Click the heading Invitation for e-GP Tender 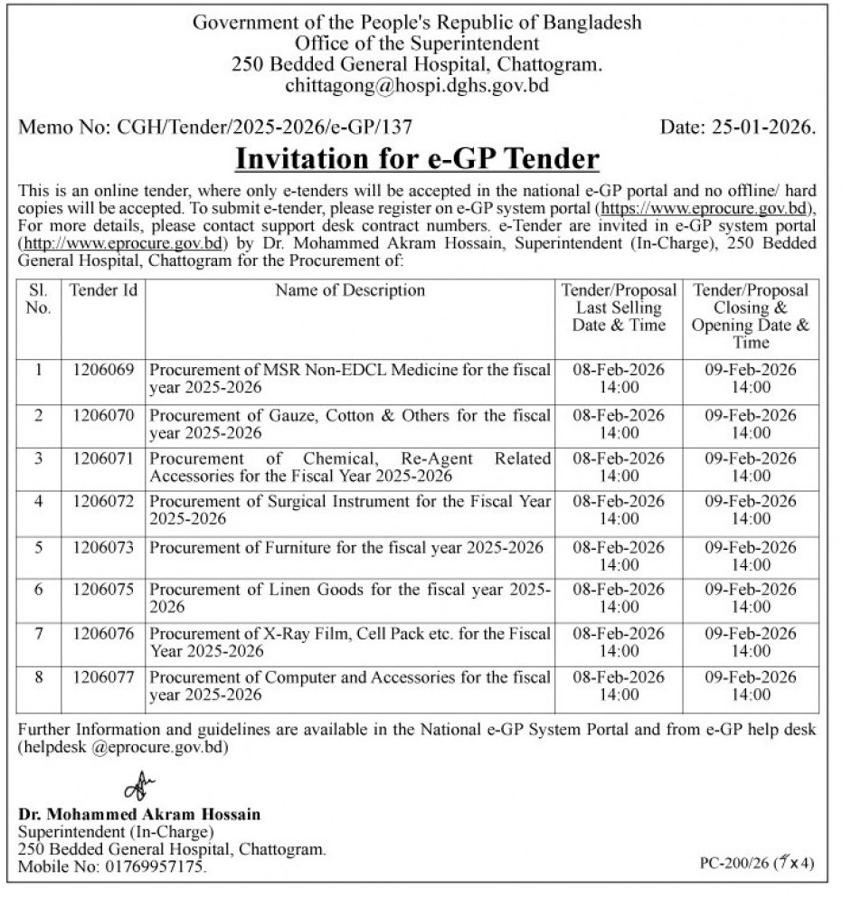(417, 159)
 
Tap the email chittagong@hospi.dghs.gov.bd (417, 87)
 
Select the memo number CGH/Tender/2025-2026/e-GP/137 (266, 128)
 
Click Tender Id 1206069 (103, 370)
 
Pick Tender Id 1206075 (103, 589)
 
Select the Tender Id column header (103, 291)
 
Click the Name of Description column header (350, 291)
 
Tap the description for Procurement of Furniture (346, 548)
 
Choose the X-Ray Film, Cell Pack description (350, 642)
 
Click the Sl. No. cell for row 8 (39, 677)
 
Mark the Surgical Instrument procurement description (350, 510)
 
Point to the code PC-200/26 (734, 864)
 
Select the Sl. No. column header (39, 299)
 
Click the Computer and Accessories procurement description (350, 686)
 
